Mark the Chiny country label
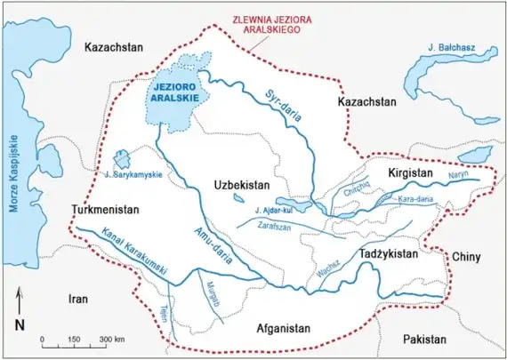tap(466, 257)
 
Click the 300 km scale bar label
tap(111, 340)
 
